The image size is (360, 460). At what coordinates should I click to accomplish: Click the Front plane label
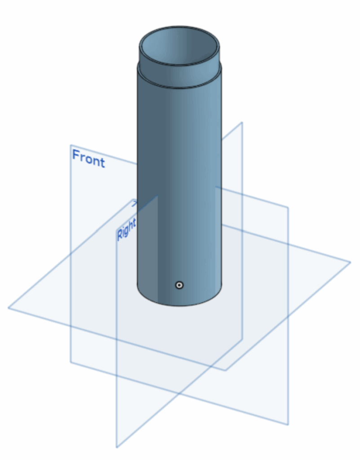coord(89,159)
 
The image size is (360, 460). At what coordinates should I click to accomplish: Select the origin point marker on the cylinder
coord(179,285)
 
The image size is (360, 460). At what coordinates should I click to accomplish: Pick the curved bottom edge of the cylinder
coord(179,305)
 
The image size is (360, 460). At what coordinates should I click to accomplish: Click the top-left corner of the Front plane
coord(71,145)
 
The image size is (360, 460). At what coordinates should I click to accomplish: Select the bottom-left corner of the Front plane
coord(71,363)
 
